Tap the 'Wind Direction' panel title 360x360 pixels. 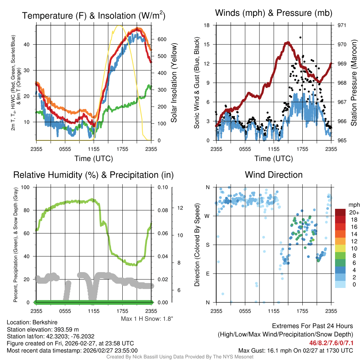274,175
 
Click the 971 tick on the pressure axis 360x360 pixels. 342,25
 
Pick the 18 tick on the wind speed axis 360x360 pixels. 207,25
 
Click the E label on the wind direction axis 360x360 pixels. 208,274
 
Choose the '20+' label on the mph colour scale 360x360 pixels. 354,212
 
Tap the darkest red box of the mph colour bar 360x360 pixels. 341,212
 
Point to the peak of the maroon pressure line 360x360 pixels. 288,43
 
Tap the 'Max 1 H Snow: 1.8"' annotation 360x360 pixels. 147,319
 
